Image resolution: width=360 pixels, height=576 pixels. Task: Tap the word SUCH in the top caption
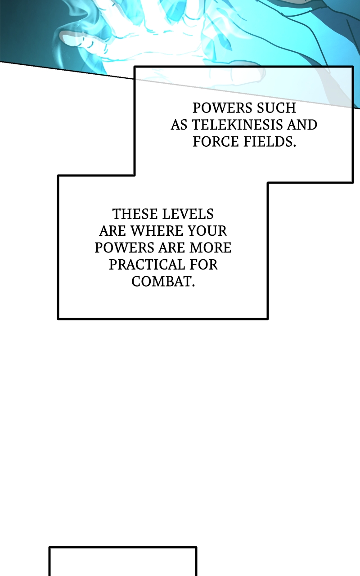pyautogui.click(x=276, y=108)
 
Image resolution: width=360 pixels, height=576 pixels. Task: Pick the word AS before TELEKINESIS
pyautogui.click(x=178, y=125)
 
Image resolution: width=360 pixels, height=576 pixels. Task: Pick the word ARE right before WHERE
pyautogui.click(x=112, y=231)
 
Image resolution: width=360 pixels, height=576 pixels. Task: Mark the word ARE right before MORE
pyautogui.click(x=171, y=247)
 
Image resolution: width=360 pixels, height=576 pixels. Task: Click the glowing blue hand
pyautogui.click(x=135, y=36)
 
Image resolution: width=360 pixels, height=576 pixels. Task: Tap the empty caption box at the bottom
pyautogui.click(x=122, y=562)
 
